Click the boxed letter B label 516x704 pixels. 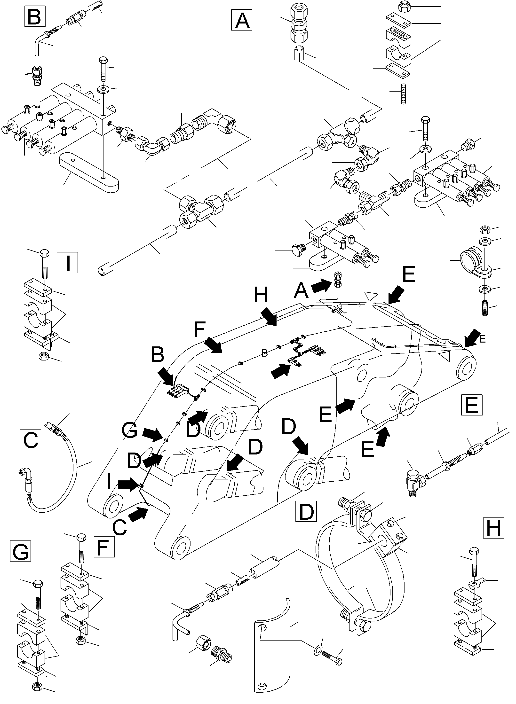pos(34,17)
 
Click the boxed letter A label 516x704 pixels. pos(241,20)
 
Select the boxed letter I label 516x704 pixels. pos(67,263)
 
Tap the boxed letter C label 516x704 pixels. pos(30,439)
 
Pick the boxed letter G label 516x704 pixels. pos(20,552)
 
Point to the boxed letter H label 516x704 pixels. pos(493,527)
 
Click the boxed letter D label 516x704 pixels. pos(306,511)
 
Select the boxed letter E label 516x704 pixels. pos(471,405)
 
